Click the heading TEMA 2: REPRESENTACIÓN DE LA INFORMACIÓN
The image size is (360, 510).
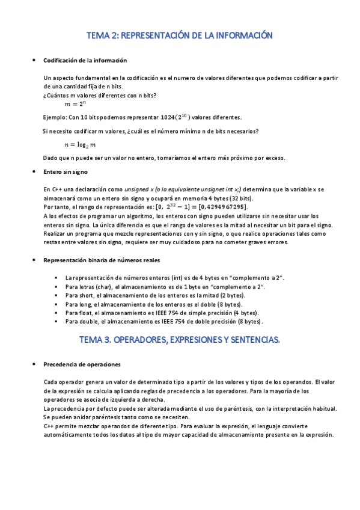[x=180, y=36]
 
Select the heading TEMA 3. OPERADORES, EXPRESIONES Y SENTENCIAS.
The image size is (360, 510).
[x=180, y=340]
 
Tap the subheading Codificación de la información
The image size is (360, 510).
[x=85, y=60]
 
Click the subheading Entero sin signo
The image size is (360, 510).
[x=67, y=171]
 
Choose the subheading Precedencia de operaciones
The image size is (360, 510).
[x=82, y=364]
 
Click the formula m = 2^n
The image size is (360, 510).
[x=76, y=104]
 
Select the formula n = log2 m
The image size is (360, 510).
[x=80, y=145]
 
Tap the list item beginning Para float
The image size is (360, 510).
[x=162, y=313]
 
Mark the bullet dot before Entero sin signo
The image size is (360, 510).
[x=33, y=172]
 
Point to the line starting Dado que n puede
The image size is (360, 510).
[x=165, y=158]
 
